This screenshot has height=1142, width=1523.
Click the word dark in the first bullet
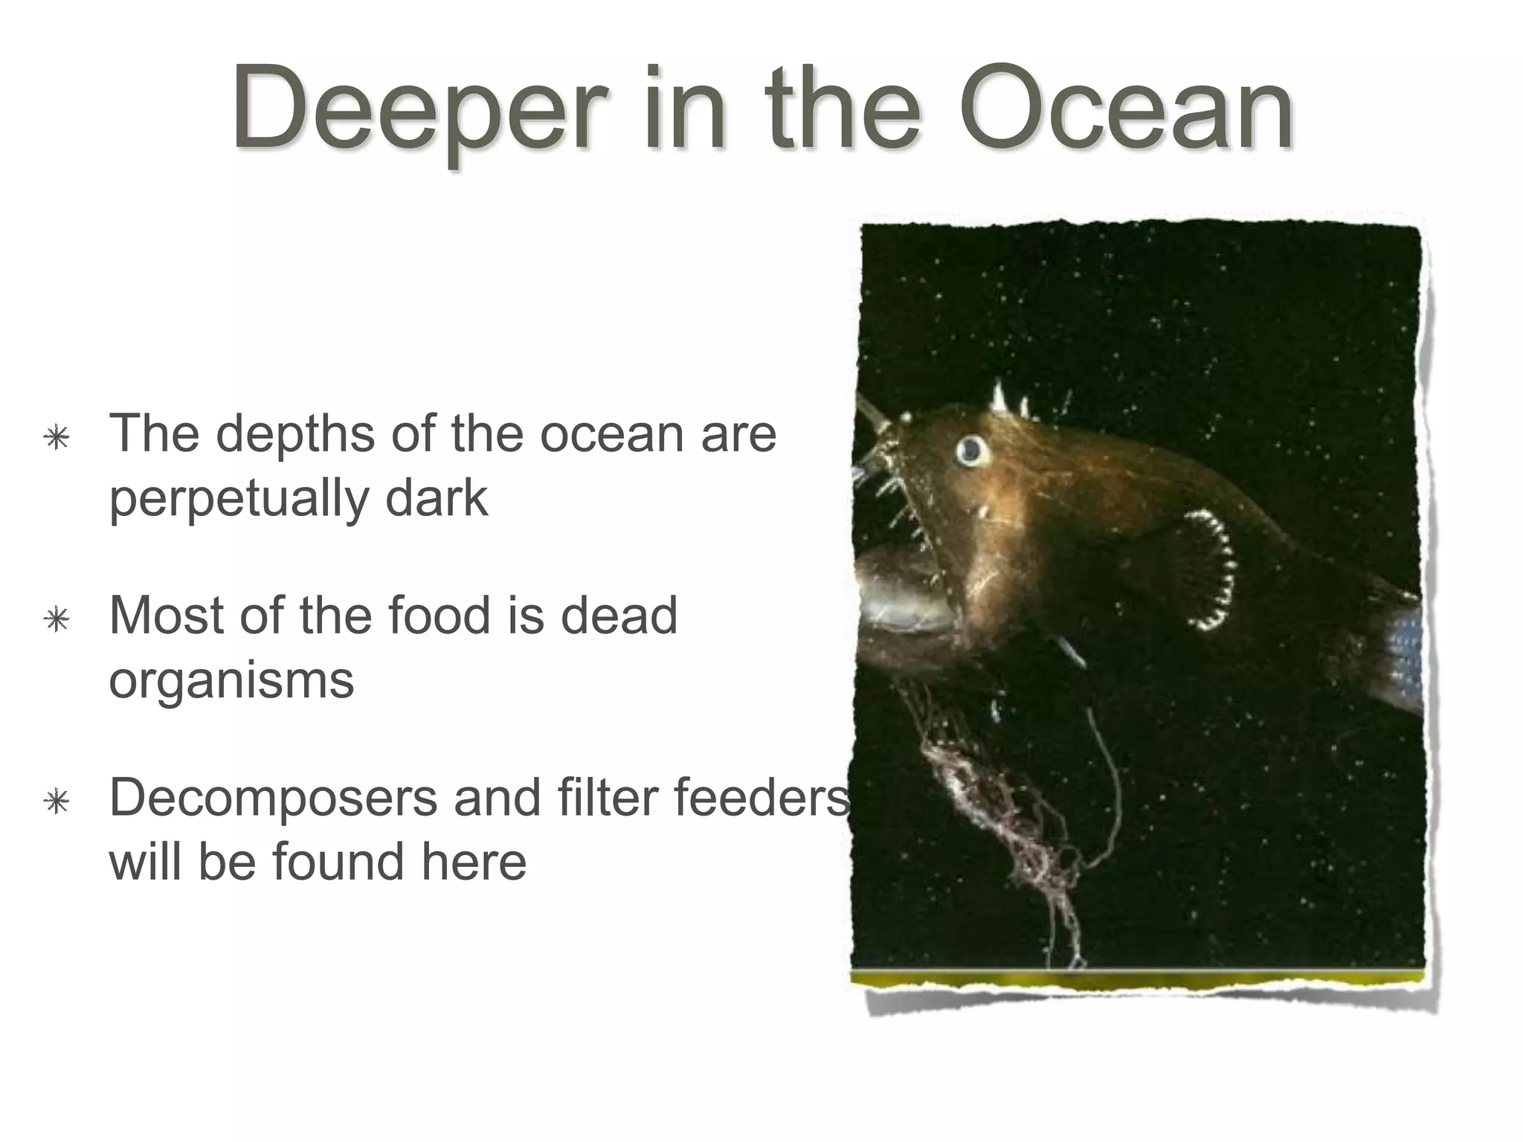coord(437,498)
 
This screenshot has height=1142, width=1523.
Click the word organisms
coord(231,681)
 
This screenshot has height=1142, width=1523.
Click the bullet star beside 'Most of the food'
coord(57,619)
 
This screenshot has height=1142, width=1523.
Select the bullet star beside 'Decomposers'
coord(57,801)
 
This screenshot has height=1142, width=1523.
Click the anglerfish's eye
coord(970,449)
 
